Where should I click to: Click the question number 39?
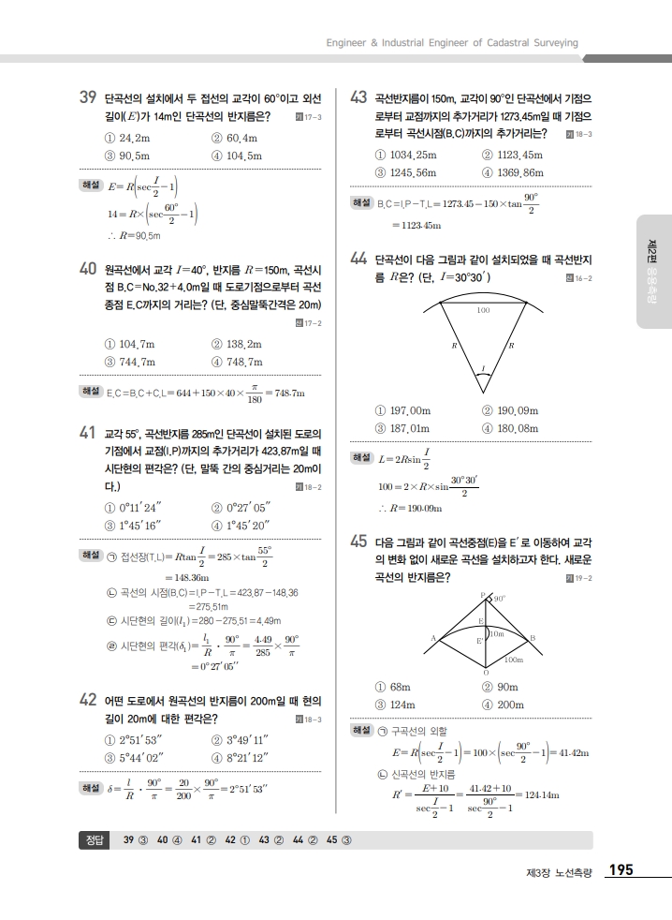pyautogui.click(x=89, y=97)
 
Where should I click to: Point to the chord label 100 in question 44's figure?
pyautogui.click(x=483, y=310)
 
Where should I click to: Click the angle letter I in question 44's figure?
pyautogui.click(x=483, y=367)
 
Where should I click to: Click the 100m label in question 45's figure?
pyautogui.click(x=513, y=660)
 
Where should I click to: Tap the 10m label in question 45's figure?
pyautogui.click(x=497, y=634)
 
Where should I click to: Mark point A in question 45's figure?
pyautogui.click(x=433, y=638)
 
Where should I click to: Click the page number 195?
pyautogui.click(x=621, y=870)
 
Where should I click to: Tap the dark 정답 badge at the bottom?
pyautogui.click(x=95, y=838)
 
